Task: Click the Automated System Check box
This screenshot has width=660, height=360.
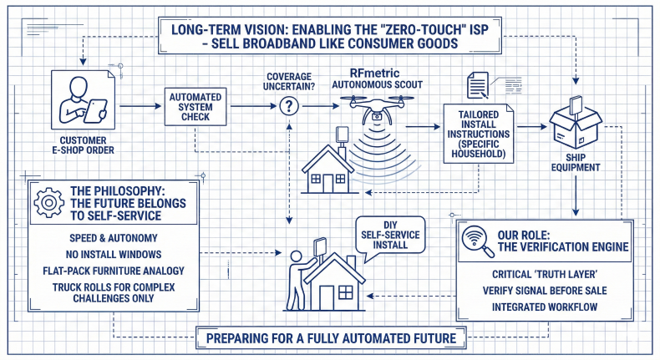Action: (196, 107)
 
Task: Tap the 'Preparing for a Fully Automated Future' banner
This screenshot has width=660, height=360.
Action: (330, 339)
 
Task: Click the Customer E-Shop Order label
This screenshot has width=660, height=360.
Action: (83, 146)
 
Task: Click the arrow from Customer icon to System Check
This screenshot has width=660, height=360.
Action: (137, 106)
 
